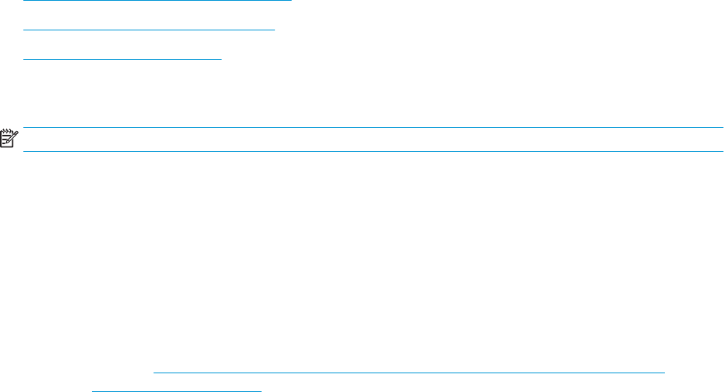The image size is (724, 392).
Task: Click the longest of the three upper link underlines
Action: (157, 1)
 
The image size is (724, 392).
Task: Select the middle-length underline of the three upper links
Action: (149, 30)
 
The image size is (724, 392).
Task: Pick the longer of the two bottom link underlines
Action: (409, 373)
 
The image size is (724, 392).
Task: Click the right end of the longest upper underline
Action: (290, 1)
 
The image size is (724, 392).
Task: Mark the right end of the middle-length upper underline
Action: (275, 30)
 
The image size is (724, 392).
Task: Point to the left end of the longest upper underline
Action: (24, 1)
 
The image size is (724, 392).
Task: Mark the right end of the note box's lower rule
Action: (722, 151)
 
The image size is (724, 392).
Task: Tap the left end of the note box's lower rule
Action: (24, 151)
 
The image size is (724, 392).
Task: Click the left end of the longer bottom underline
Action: (154, 373)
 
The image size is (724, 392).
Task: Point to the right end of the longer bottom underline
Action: (665, 373)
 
